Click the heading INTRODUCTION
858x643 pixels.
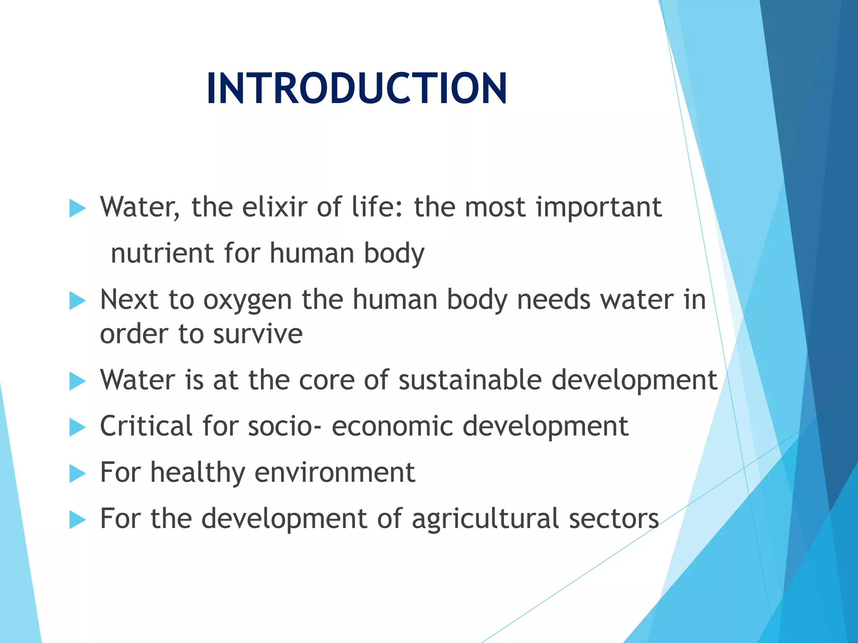tap(357, 88)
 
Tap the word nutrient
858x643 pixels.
tap(162, 253)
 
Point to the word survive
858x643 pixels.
tap(258, 334)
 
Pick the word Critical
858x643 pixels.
tap(146, 426)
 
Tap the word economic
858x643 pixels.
tap(392, 427)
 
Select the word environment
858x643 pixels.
tap(335, 472)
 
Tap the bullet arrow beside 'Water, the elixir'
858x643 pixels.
tap(77, 208)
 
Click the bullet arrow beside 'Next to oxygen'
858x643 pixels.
tap(77, 301)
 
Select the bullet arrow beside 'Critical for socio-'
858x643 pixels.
tap(77, 427)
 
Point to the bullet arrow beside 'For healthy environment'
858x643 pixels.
tap(77, 474)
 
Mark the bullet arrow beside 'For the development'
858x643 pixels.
tap(77, 520)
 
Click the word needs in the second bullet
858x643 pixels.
tap(554, 300)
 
